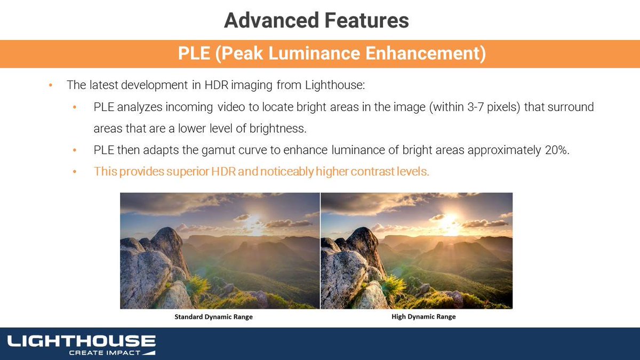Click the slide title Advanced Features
point(316,21)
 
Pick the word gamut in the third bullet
point(199,150)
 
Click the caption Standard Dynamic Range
point(213,317)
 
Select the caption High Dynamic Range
point(420,317)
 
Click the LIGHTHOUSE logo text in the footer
point(81,341)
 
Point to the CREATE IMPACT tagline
point(105,353)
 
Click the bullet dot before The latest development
point(50,85)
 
